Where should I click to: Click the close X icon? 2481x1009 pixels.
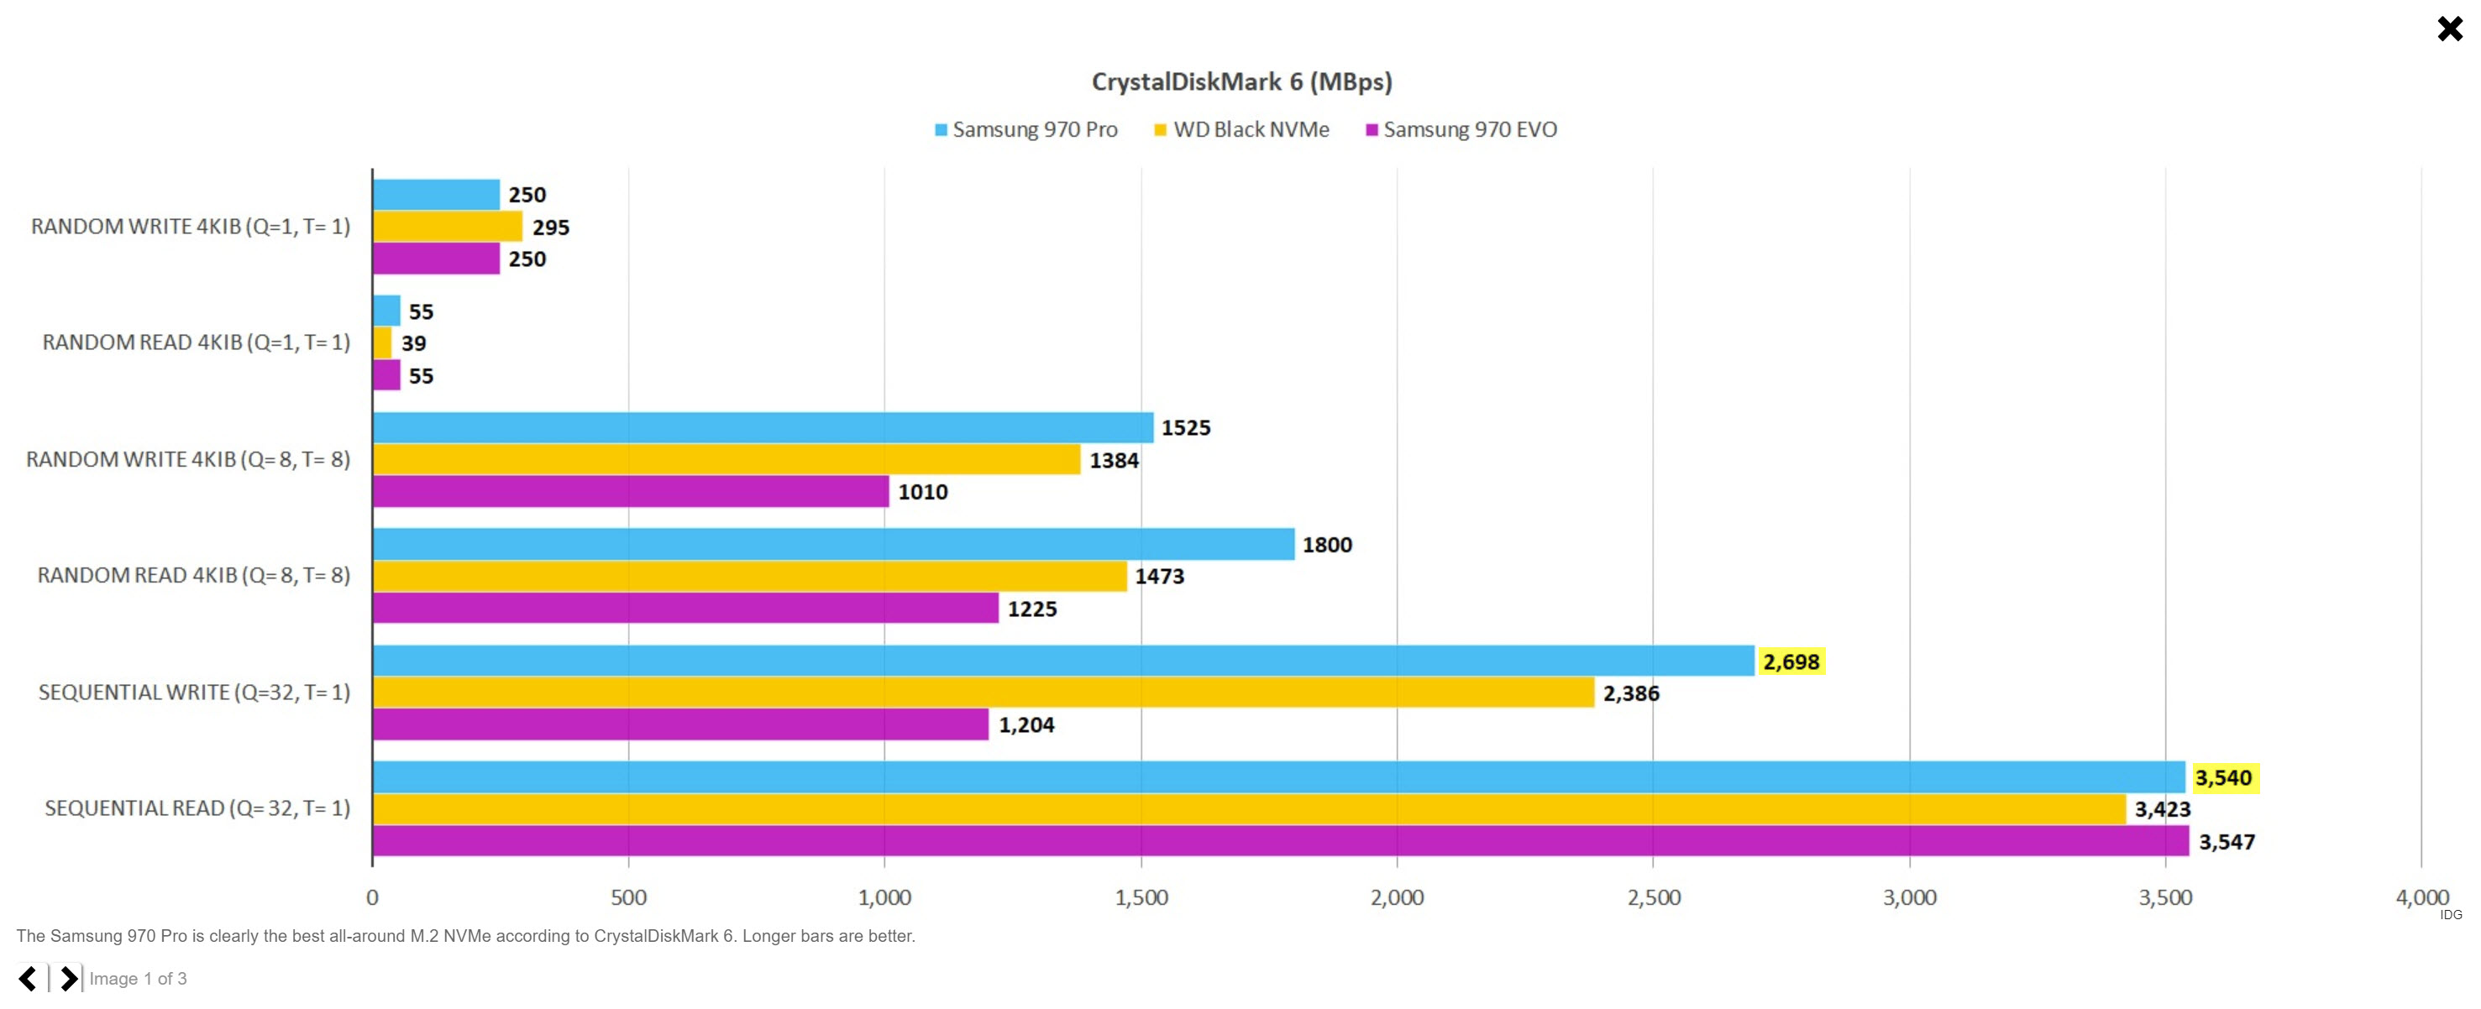(x=2449, y=29)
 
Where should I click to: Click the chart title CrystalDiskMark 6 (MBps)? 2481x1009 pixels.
(x=1241, y=81)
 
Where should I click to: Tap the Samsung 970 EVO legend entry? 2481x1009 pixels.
(x=1461, y=130)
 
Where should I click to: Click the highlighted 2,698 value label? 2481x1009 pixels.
(x=1791, y=662)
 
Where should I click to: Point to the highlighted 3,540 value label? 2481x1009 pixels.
(x=2223, y=778)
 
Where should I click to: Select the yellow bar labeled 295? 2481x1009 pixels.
(x=448, y=227)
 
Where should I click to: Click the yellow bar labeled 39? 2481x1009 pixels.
(x=382, y=343)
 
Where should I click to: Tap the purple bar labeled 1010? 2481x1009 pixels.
(x=631, y=492)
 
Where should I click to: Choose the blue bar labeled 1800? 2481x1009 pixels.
(x=833, y=545)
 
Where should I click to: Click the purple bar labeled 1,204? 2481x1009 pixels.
(x=680, y=725)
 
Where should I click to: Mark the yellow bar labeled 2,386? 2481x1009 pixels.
(x=983, y=693)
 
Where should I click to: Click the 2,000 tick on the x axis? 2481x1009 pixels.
(x=1397, y=898)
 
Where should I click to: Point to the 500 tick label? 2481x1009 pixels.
(x=628, y=898)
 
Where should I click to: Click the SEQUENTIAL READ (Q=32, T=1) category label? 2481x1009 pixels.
(x=197, y=808)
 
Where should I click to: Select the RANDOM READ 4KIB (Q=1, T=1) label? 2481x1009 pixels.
(x=197, y=342)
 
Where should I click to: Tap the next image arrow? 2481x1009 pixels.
(x=68, y=979)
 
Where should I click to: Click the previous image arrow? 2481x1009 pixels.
(x=28, y=979)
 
